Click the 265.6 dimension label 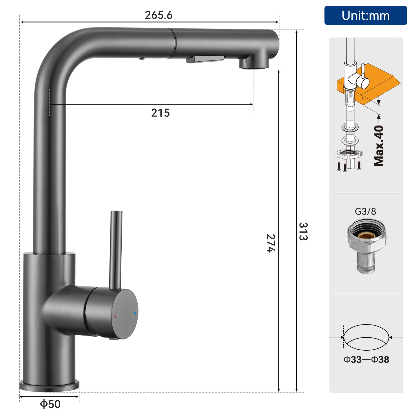pyautogui.click(x=158, y=15)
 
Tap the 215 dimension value pyautogui.click(x=160, y=113)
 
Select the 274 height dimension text pyautogui.click(x=271, y=243)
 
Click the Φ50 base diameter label pyautogui.click(x=50, y=404)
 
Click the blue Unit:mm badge pyautogui.click(x=365, y=16)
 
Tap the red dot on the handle pyautogui.click(x=115, y=316)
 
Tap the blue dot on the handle pyautogui.click(x=135, y=313)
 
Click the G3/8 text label pyautogui.click(x=365, y=211)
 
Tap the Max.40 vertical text pyautogui.click(x=379, y=146)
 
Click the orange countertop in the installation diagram pyautogui.click(x=380, y=80)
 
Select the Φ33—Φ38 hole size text pyautogui.click(x=366, y=359)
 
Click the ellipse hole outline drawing pyautogui.click(x=366, y=337)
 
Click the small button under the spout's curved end pyautogui.click(x=142, y=58)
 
